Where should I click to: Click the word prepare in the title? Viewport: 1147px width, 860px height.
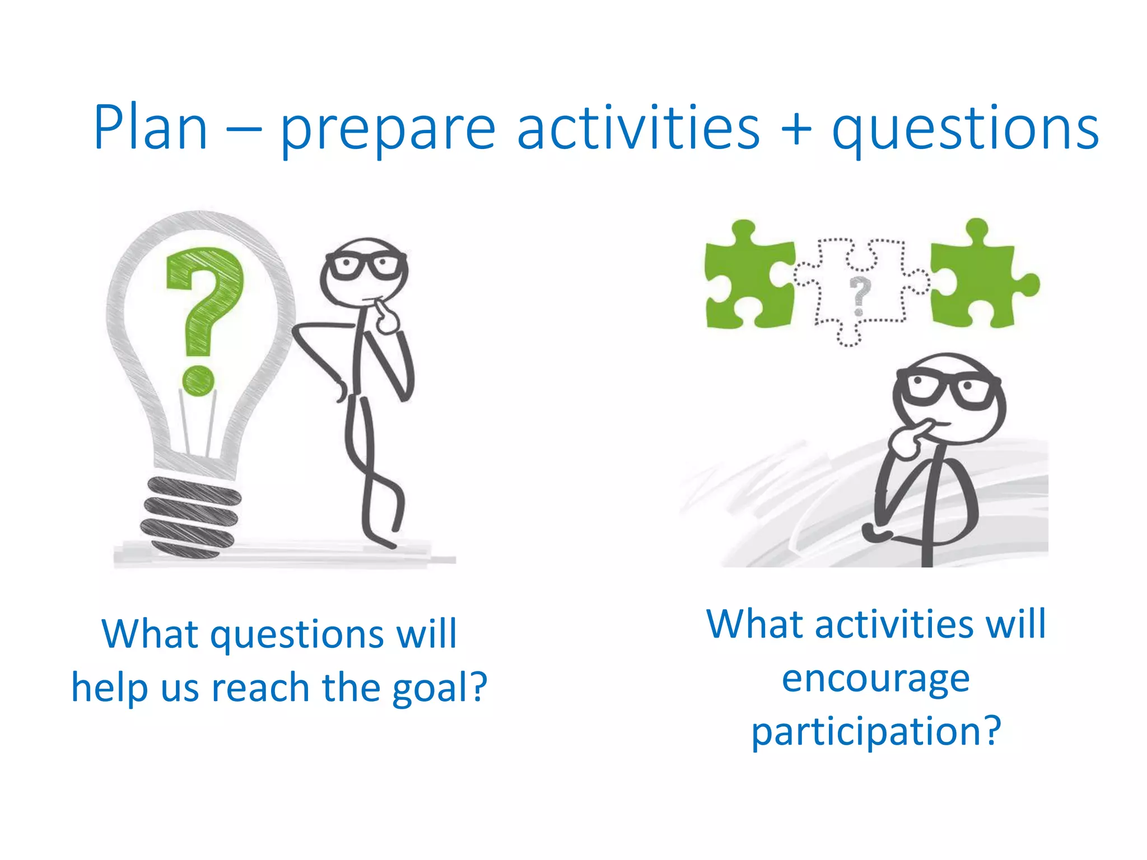[x=388, y=132]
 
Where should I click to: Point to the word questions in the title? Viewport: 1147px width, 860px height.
[x=965, y=132]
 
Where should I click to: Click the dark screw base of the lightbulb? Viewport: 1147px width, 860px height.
[x=189, y=516]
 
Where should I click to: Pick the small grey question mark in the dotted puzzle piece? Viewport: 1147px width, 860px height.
[x=860, y=294]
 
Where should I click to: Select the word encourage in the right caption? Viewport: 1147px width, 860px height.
[x=875, y=679]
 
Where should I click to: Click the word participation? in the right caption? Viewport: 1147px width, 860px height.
[x=875, y=732]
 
